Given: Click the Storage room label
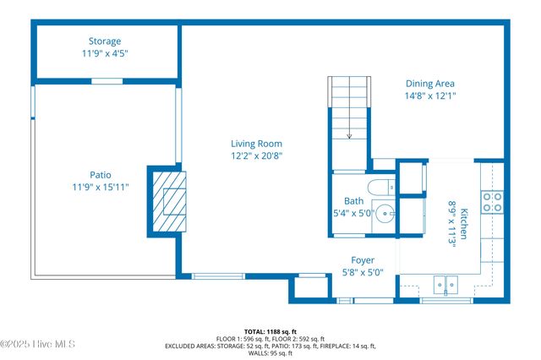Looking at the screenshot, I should point(105,41).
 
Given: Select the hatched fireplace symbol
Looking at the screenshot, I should point(170,200).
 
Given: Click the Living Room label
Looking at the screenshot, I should point(256,144).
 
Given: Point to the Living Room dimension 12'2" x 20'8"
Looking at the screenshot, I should point(256,155).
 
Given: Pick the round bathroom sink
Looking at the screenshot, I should point(384,213).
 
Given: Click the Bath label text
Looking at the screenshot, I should point(353,201).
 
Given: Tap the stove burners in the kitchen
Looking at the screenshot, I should point(491,201).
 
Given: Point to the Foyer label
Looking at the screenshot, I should point(363,260).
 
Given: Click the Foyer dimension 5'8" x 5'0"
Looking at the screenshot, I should point(363,272).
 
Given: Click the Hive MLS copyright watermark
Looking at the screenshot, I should point(38,344).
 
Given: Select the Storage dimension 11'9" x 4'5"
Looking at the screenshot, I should point(105,52).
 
